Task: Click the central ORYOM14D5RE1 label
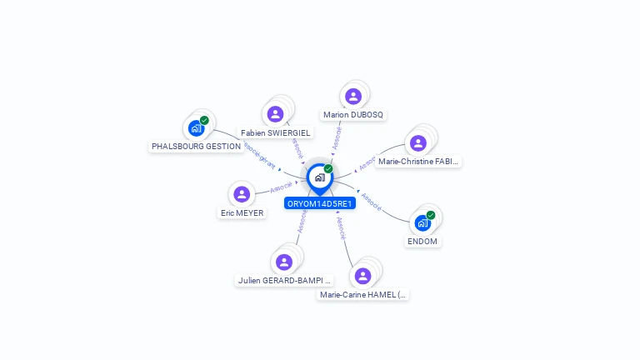point(320,203)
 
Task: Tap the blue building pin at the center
point(319,177)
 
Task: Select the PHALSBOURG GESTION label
point(196,146)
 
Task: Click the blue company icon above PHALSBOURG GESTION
point(196,128)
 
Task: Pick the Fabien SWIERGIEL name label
point(275,132)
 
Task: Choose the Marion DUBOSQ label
point(353,114)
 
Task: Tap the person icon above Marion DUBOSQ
point(353,96)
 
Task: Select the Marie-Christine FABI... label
point(418,162)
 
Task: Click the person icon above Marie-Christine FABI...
point(418,142)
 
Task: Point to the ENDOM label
point(422,242)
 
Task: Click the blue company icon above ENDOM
point(422,223)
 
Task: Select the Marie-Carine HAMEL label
point(364,294)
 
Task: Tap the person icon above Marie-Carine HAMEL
point(362,275)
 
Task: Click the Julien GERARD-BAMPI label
point(284,281)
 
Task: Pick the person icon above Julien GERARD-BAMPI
point(284,262)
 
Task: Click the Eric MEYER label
point(242,212)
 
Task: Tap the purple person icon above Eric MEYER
point(242,194)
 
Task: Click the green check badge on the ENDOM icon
point(431,215)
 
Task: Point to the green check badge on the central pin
point(328,169)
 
